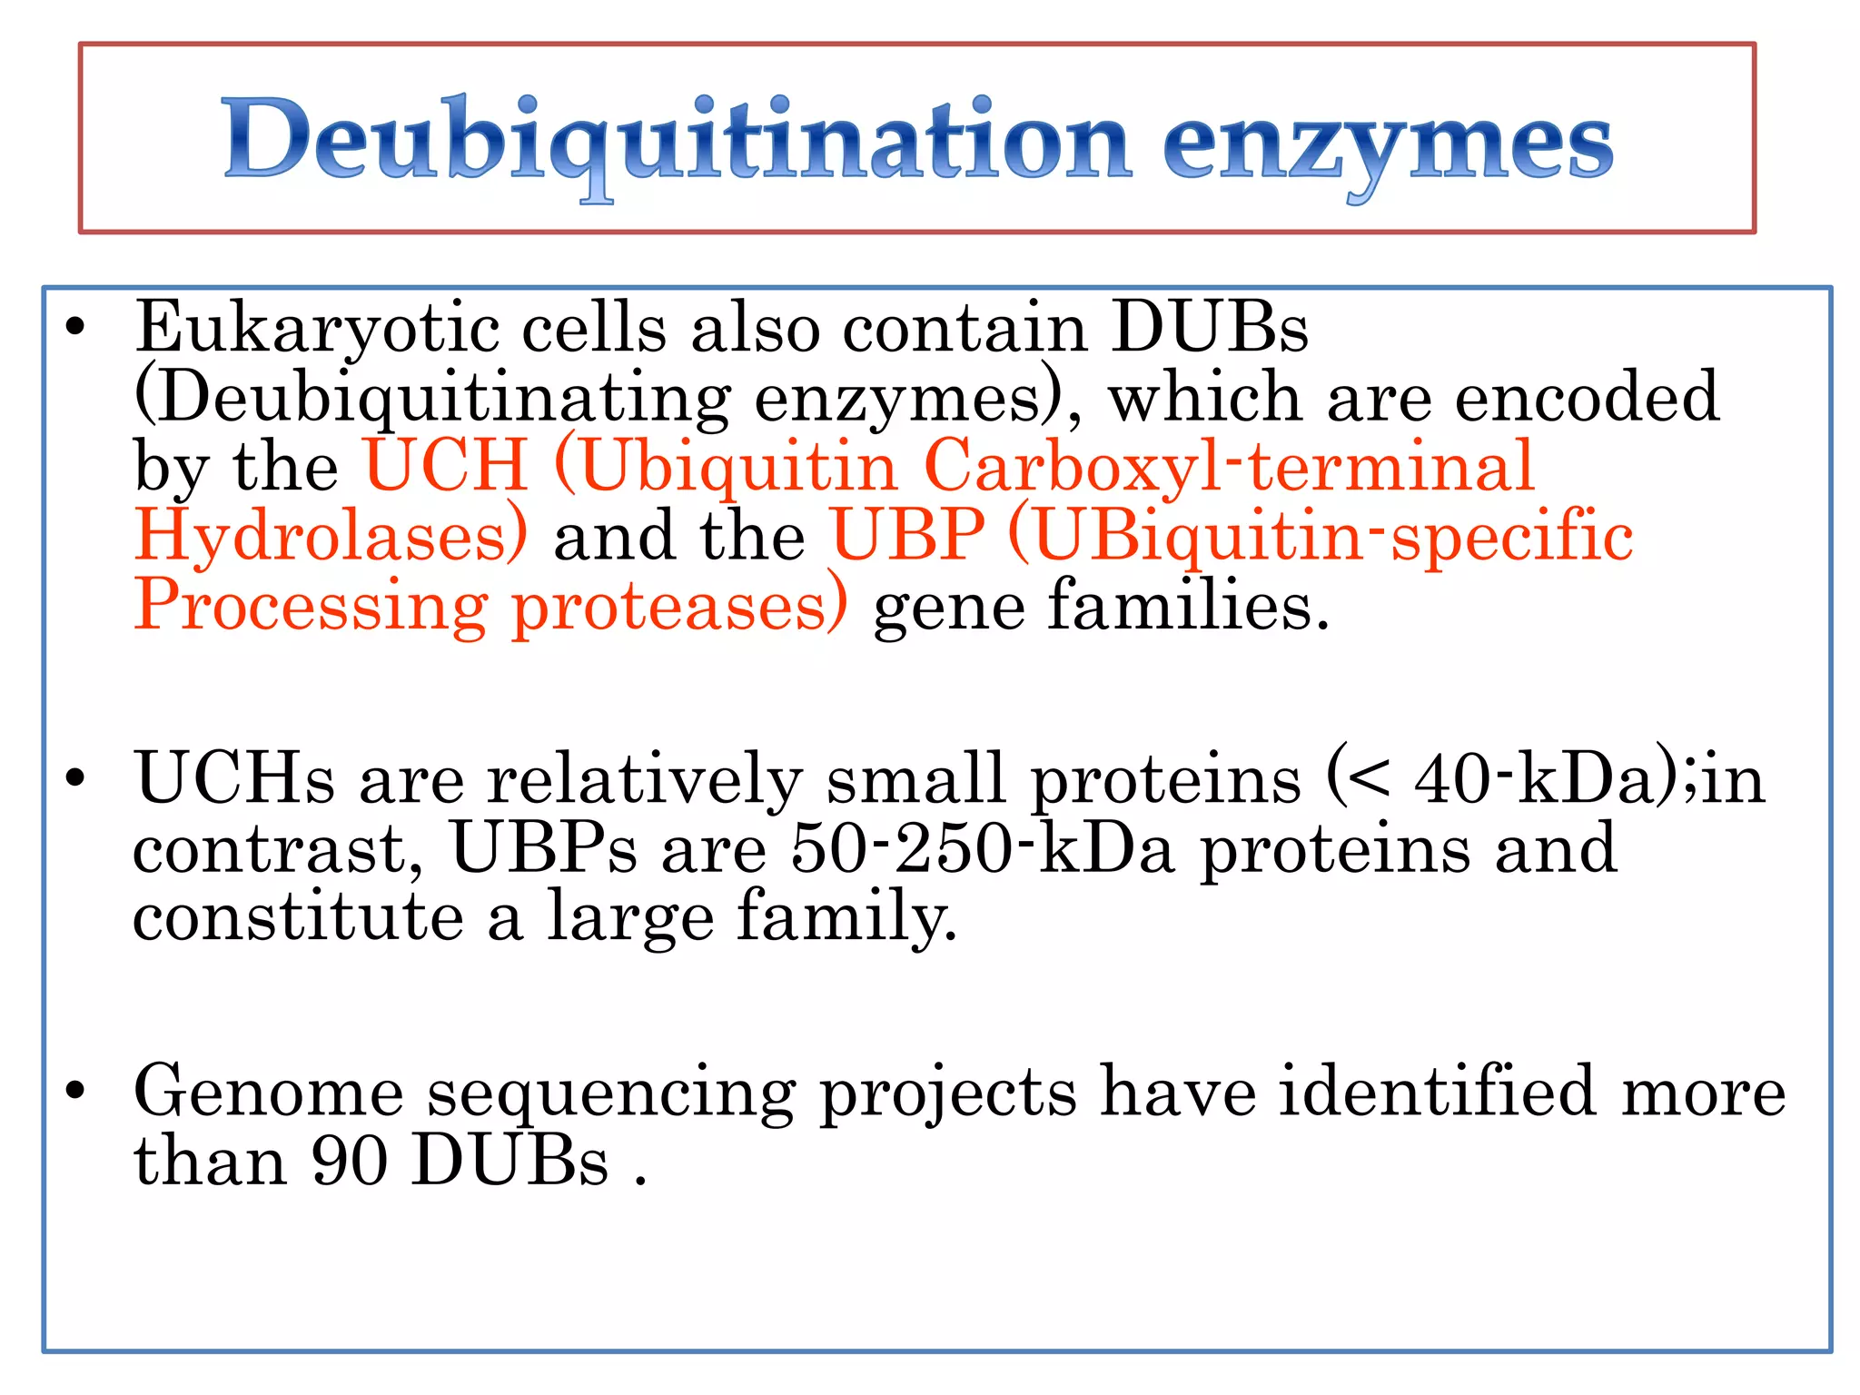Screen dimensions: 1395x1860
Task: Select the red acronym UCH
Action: pyautogui.click(x=446, y=466)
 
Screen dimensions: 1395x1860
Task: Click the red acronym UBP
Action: pyautogui.click(x=907, y=535)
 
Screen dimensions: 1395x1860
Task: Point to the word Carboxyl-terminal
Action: pyautogui.click(x=1228, y=466)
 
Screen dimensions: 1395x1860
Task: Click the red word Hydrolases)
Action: pyautogui.click(x=331, y=536)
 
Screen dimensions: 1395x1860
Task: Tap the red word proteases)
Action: pyautogui.click(x=680, y=607)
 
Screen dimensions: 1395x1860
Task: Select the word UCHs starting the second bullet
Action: pyautogui.click(x=234, y=779)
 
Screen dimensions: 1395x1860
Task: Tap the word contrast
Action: pyautogui.click(x=277, y=850)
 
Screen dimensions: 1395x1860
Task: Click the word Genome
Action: pyautogui.click(x=268, y=1092)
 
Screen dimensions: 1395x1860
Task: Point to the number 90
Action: pyautogui.click(x=350, y=1162)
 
